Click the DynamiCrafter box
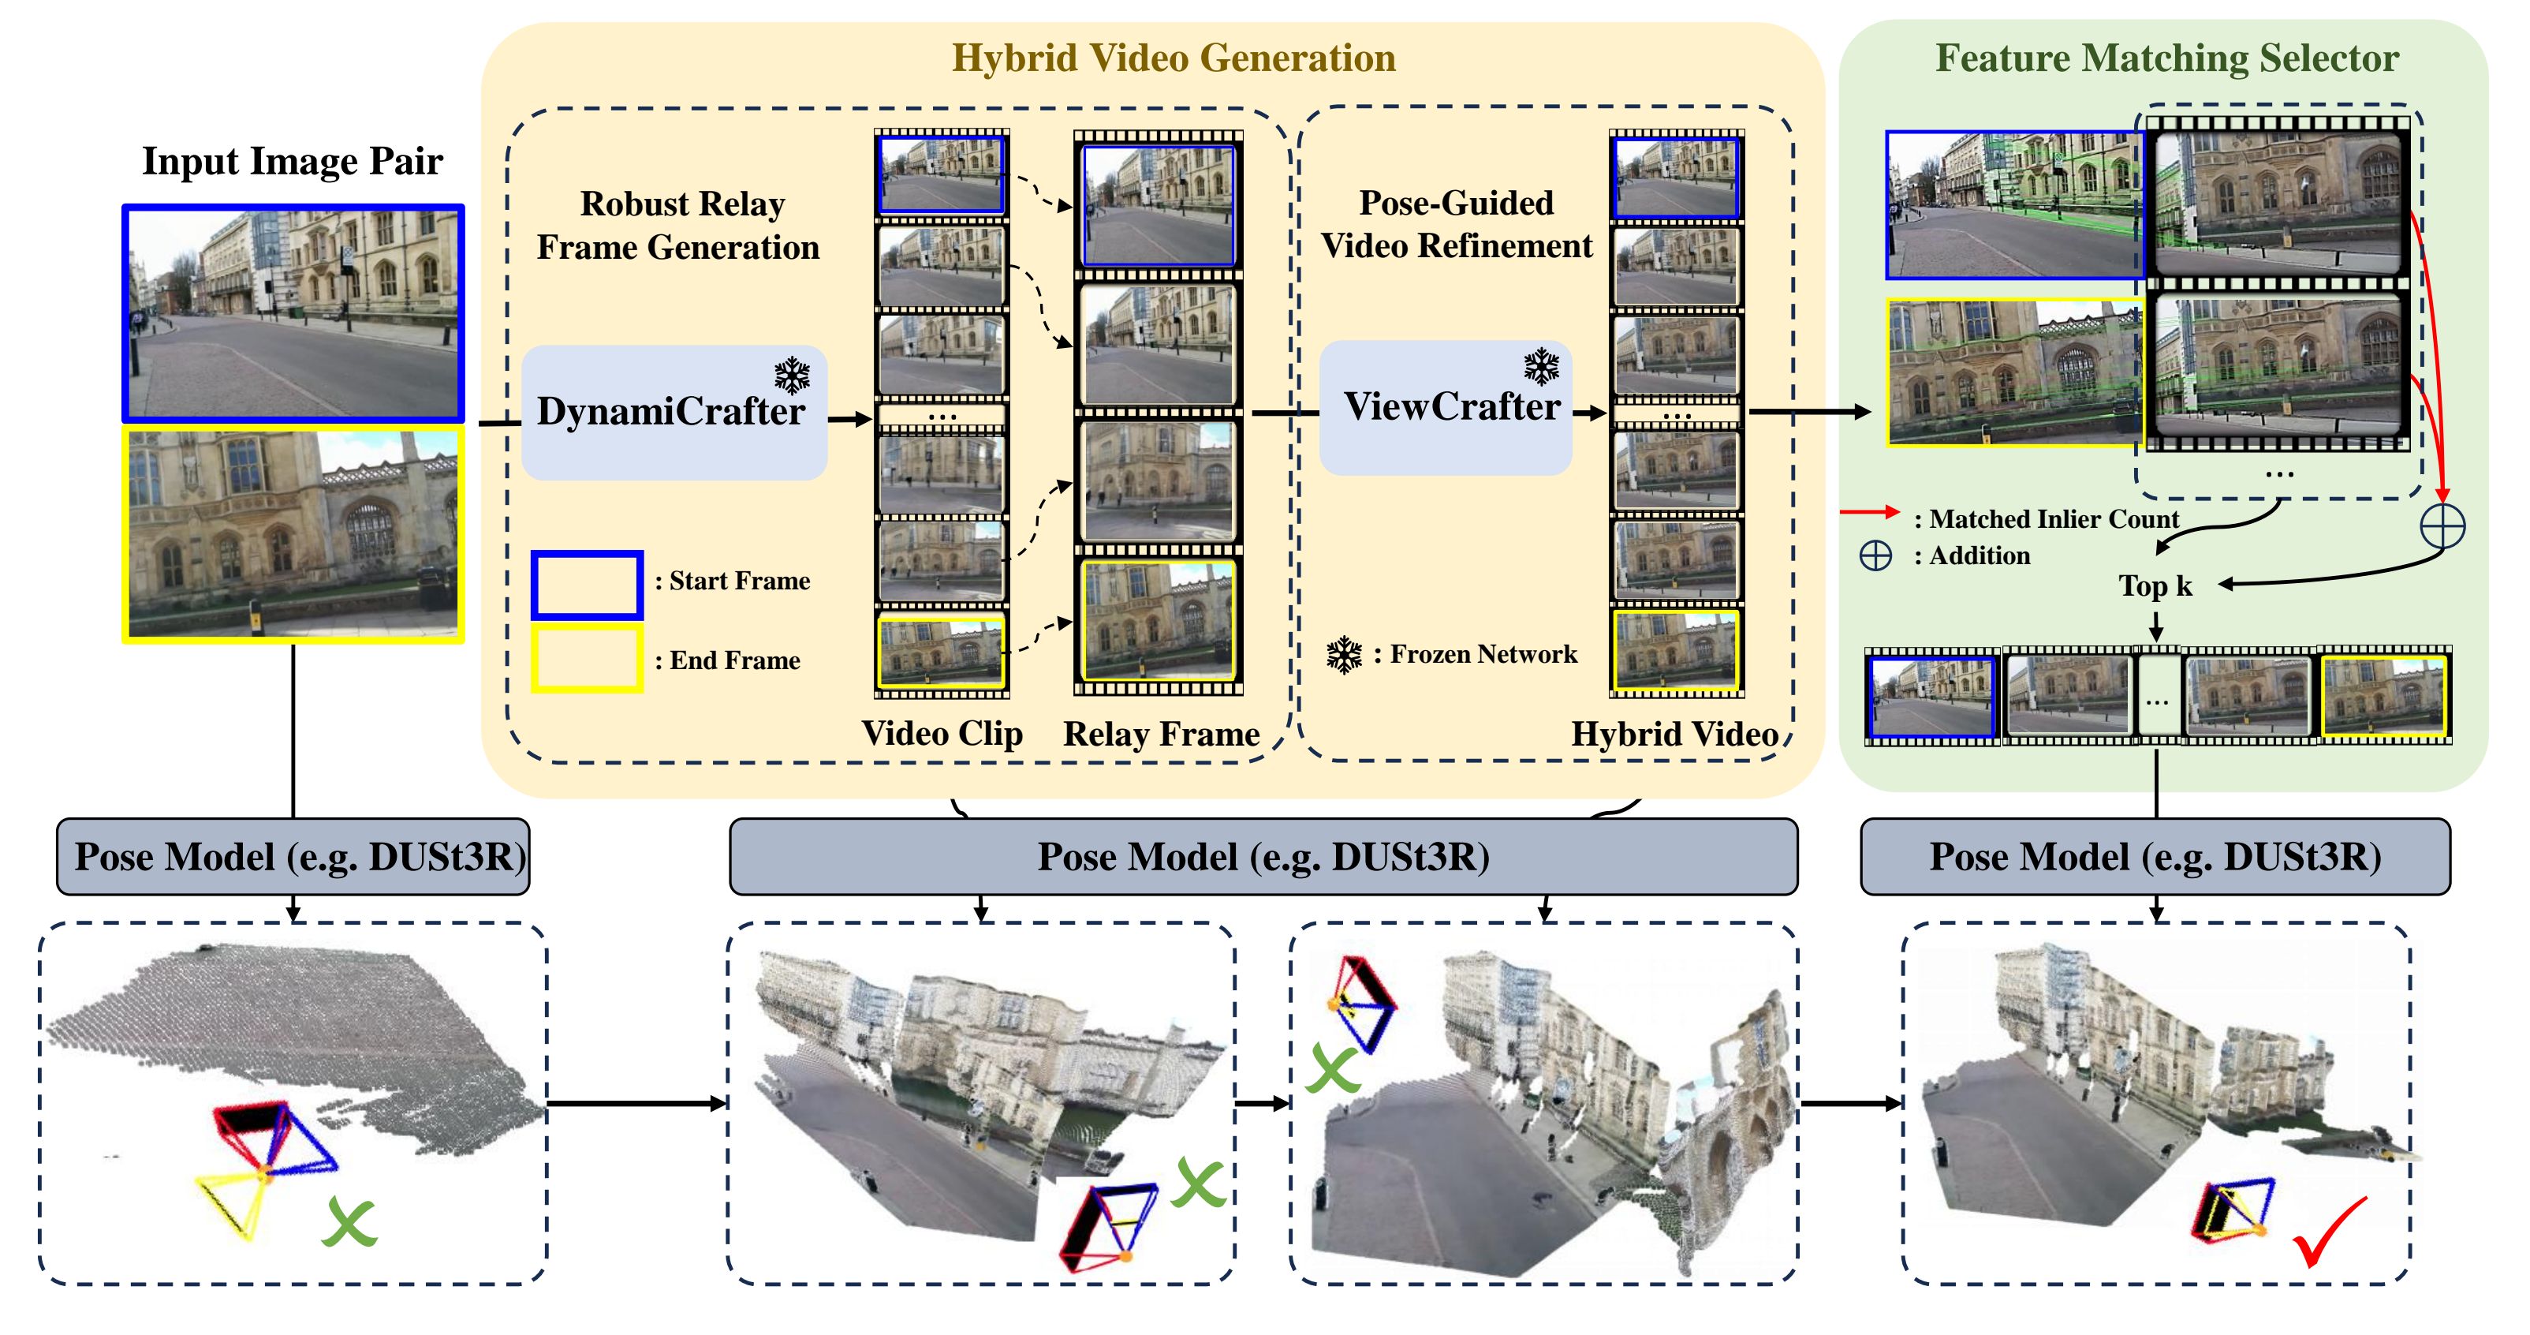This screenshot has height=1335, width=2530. point(674,413)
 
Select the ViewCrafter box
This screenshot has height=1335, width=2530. point(1446,409)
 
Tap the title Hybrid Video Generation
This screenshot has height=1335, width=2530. point(1173,58)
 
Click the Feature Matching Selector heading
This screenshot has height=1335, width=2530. point(2166,58)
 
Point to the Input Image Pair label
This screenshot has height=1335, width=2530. point(293,161)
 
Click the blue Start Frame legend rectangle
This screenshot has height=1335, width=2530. point(588,585)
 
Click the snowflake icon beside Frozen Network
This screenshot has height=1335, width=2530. point(1344,655)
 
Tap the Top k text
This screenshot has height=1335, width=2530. point(2155,586)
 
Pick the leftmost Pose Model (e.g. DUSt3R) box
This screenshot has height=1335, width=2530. point(293,857)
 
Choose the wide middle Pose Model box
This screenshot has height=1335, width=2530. point(1263,857)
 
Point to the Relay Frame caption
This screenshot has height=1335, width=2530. point(1161,734)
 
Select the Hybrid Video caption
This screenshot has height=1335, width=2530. point(1674,734)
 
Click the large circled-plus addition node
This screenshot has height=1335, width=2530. point(2442,525)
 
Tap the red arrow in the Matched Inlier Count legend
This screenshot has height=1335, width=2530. point(1870,512)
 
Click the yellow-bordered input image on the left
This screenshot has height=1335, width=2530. point(293,533)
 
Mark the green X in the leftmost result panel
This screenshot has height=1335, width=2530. point(349,1222)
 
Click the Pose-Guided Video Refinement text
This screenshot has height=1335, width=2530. point(1456,224)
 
